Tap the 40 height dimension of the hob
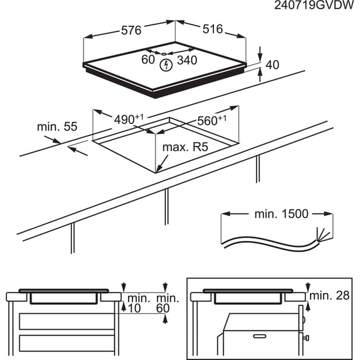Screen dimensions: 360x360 tap(273, 65)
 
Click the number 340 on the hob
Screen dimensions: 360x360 tap(188, 60)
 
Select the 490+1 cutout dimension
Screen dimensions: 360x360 tap(129, 120)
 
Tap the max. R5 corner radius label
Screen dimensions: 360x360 tap(186, 147)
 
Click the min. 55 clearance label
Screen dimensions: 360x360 tap(57, 127)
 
